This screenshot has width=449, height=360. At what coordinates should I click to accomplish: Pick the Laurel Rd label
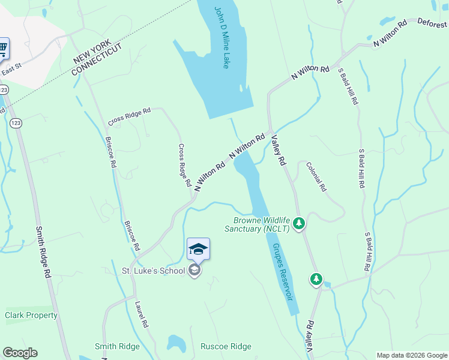point(142,314)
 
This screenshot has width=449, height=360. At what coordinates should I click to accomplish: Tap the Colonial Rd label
point(316,176)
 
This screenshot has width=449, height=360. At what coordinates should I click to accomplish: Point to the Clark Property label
point(31,315)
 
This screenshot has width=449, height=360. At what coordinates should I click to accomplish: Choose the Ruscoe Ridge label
point(226,346)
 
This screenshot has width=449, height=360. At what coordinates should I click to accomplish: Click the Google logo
point(20,353)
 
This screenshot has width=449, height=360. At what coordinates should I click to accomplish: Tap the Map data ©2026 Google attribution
point(411,355)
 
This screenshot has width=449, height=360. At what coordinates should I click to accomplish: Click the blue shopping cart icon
point(2,47)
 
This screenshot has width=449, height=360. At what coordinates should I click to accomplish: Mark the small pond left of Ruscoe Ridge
point(176,344)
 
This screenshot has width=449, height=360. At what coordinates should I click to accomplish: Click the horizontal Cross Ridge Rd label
point(128,116)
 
